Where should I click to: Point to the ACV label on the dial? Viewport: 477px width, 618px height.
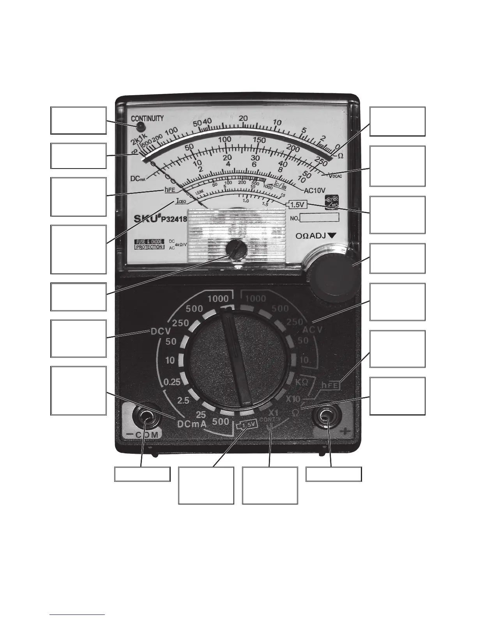[312, 330]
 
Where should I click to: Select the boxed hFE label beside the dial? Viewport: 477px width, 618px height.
[331, 385]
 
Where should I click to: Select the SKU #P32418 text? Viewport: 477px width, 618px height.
[161, 218]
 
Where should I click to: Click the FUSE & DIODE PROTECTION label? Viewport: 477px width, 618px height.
[149, 244]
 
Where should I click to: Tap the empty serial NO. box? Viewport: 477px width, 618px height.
[319, 218]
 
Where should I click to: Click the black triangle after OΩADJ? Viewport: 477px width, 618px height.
[332, 236]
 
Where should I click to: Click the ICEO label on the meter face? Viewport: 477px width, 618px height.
[181, 201]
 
